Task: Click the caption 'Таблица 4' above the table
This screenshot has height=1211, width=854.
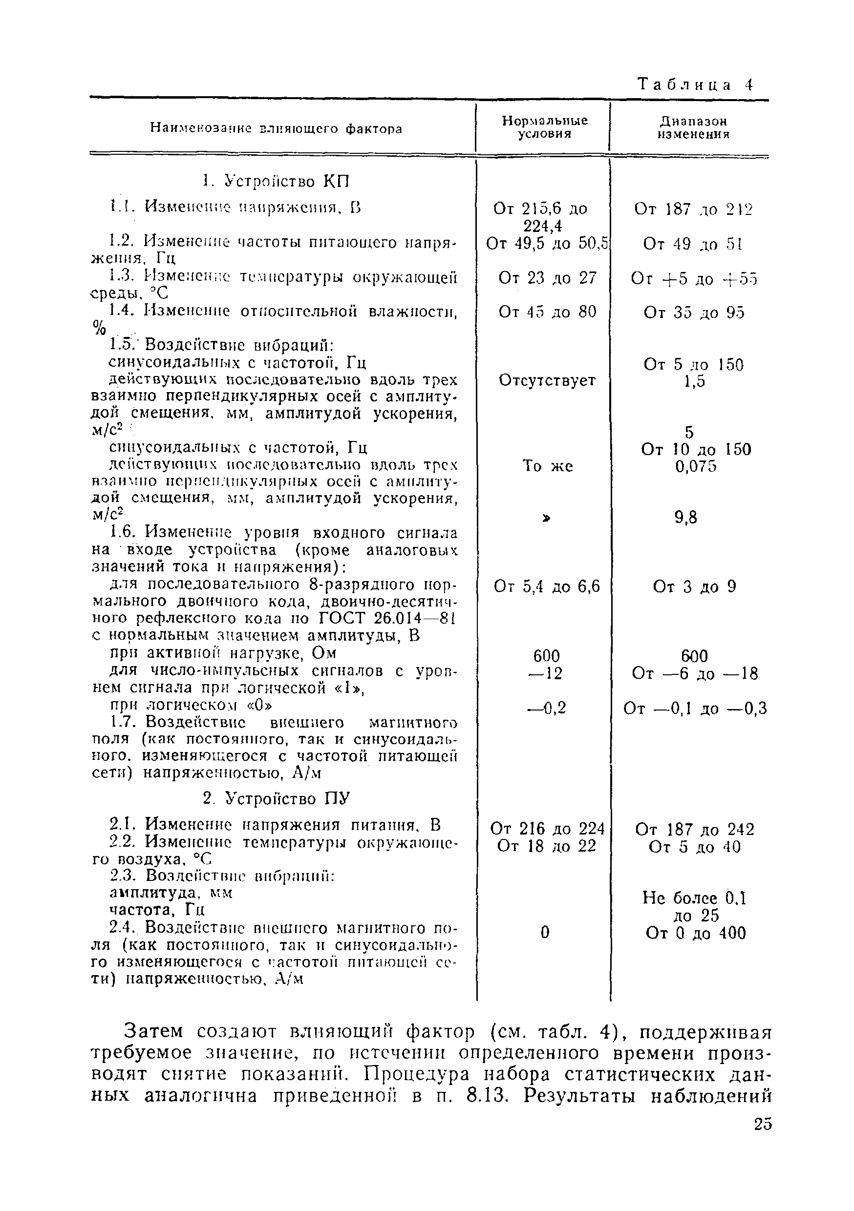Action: click(x=695, y=84)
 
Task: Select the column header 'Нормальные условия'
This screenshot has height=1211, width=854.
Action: click(x=544, y=127)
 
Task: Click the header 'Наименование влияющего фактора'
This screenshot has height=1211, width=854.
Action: click(x=276, y=128)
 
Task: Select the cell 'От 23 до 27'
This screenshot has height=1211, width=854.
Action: click(x=547, y=278)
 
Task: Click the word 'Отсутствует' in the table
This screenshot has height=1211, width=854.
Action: click(x=547, y=380)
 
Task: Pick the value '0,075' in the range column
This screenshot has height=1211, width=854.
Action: click(x=696, y=466)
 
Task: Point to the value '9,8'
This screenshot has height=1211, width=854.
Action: click(x=686, y=518)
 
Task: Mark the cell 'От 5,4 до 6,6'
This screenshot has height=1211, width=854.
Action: click(x=547, y=586)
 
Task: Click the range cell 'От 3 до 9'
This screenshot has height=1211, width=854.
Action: click(x=694, y=586)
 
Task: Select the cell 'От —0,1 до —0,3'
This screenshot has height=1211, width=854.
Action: click(x=695, y=709)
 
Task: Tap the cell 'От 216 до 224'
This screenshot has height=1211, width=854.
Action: click(x=547, y=829)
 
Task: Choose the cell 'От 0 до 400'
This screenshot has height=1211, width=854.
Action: click(x=695, y=933)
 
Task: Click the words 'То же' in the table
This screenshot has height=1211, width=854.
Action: click(x=547, y=466)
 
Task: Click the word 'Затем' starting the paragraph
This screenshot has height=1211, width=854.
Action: click(x=153, y=1030)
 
